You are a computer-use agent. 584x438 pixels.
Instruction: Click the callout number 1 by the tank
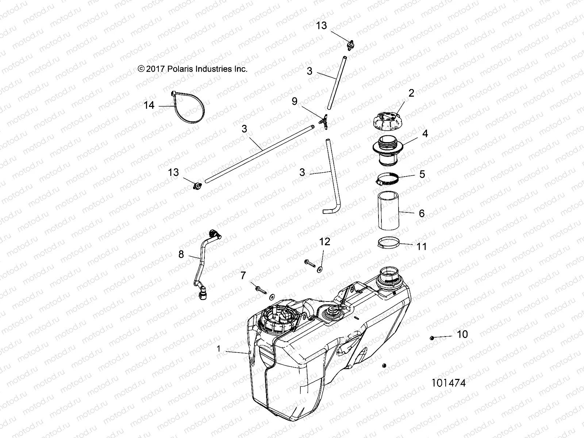tap(219, 349)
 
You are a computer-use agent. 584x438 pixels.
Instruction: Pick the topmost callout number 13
tap(322, 26)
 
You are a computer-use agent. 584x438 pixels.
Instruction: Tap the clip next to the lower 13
tap(197, 187)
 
